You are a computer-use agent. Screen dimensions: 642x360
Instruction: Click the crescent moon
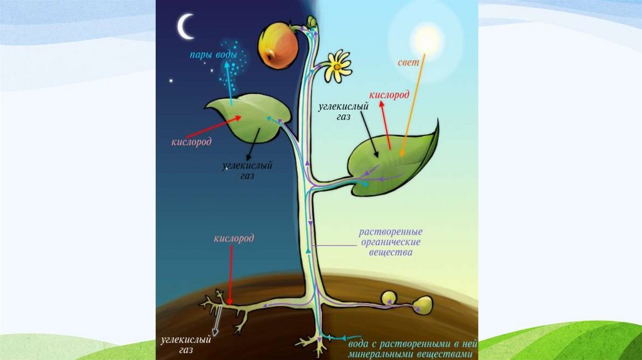pos(185,27)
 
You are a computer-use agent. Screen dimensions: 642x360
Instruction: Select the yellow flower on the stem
pos(339,65)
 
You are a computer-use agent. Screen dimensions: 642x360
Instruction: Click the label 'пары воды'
pos(214,55)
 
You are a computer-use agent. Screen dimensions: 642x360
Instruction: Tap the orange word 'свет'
pos(408,64)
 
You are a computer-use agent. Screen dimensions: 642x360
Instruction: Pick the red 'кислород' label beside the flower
pos(389,95)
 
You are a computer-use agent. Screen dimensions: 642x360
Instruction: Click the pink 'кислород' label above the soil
pos(233,239)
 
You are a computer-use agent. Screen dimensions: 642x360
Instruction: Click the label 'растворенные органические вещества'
pos(390,241)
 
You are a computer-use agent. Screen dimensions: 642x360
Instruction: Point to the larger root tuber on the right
pos(422,304)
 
